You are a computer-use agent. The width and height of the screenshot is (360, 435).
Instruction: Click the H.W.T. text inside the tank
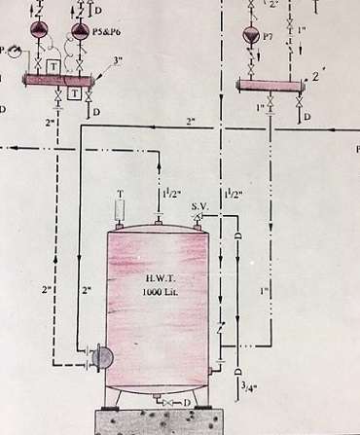[153, 277]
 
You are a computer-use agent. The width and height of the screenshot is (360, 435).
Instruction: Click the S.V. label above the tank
[199, 205]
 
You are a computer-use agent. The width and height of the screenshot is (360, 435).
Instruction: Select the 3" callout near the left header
[118, 63]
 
